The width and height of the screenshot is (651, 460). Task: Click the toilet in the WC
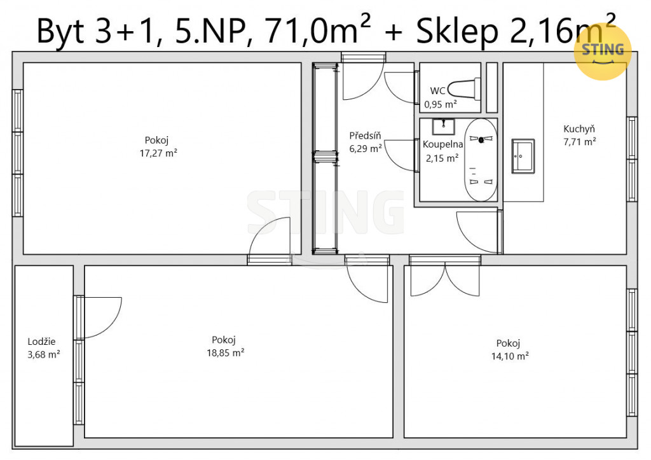(463, 89)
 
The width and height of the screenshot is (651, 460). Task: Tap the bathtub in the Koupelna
(481, 160)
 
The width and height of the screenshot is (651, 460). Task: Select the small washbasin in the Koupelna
(443, 127)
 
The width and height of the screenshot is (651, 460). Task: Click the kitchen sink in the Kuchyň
(523, 156)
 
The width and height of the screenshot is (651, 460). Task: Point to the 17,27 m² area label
(158, 153)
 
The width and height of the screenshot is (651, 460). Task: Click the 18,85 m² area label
(226, 352)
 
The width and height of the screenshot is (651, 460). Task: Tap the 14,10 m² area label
(510, 356)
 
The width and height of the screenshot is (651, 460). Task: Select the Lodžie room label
(41, 342)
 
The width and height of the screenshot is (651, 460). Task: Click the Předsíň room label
(365, 136)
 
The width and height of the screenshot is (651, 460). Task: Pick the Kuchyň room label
(579, 129)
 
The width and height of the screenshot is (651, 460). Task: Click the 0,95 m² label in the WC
(441, 104)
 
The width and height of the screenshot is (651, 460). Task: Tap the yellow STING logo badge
(603, 51)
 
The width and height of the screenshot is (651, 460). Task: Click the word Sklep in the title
(457, 32)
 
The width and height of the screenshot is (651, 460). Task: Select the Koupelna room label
(442, 144)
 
